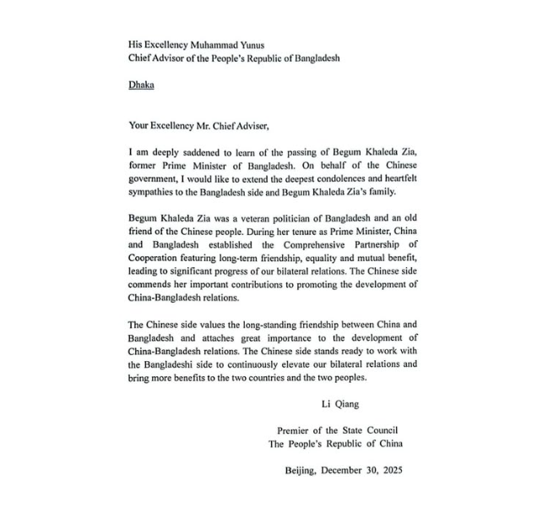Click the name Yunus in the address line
pos(264,44)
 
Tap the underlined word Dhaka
pos(141,85)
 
